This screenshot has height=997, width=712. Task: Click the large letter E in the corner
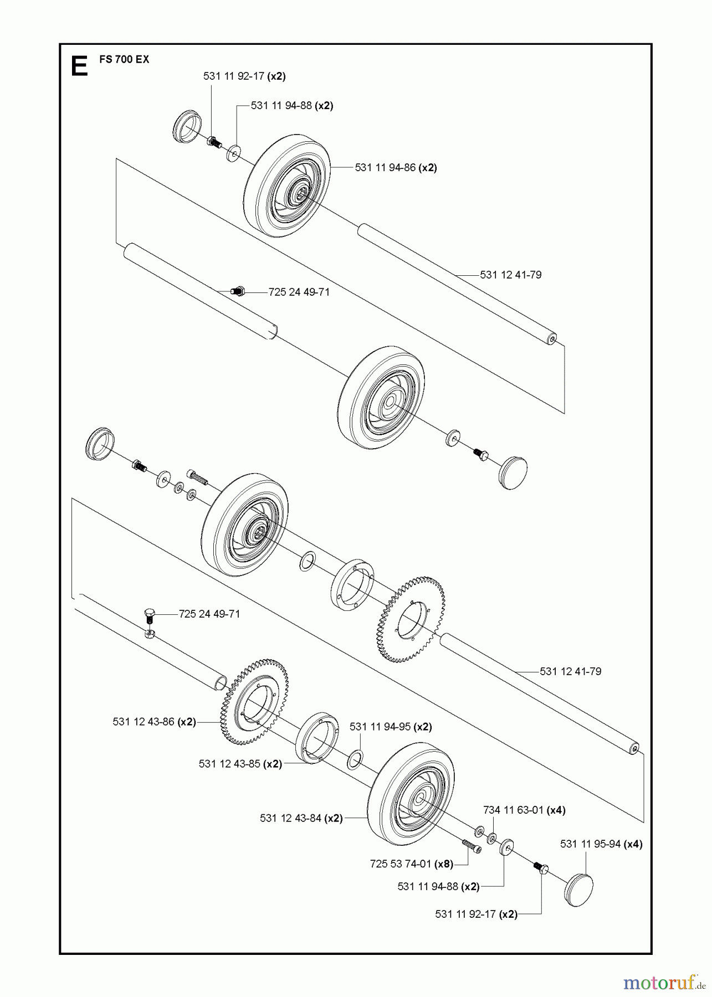pos(79,66)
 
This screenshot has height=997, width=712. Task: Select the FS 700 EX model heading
pos(124,59)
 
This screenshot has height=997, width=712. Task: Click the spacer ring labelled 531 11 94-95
pos(355,759)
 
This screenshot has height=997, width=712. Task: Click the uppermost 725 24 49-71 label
pos(299,292)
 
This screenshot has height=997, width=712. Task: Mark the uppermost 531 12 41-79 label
pos(510,275)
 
